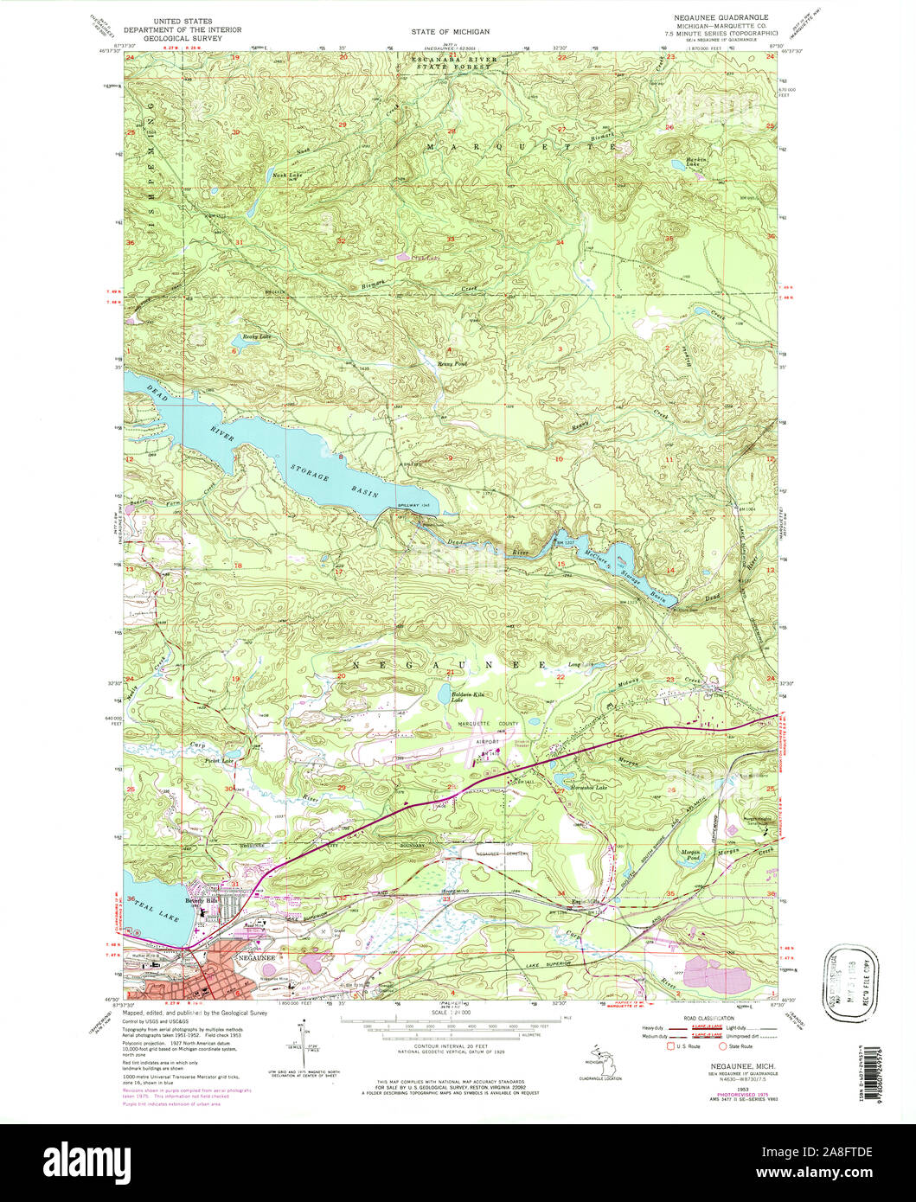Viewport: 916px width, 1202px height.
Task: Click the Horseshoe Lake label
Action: point(589,787)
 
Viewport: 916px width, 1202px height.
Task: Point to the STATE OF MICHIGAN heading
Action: point(450,31)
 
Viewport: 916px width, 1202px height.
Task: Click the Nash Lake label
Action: point(264,176)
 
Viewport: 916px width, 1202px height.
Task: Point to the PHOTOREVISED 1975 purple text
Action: point(723,1094)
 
